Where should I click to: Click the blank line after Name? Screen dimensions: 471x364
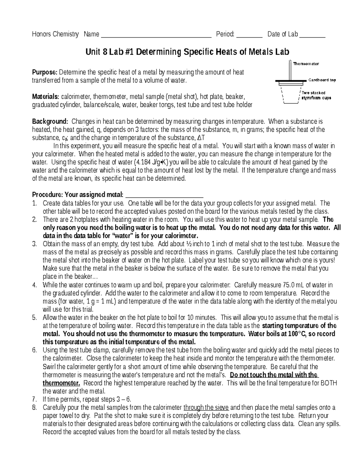point(156,35)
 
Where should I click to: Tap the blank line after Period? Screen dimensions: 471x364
point(249,35)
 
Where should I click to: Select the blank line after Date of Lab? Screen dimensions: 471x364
point(312,35)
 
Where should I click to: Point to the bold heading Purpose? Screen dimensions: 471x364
point(45,72)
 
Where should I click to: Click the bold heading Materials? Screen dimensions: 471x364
point(46,97)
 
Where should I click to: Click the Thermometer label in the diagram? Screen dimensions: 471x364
point(306,64)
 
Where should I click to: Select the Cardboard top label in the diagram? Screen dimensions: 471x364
point(322,80)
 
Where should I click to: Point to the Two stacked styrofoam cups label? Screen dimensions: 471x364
point(316,95)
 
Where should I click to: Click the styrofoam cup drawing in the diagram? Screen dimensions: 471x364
point(290,95)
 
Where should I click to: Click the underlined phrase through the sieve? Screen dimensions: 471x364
point(206,407)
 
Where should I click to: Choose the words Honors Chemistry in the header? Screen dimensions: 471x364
point(55,34)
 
